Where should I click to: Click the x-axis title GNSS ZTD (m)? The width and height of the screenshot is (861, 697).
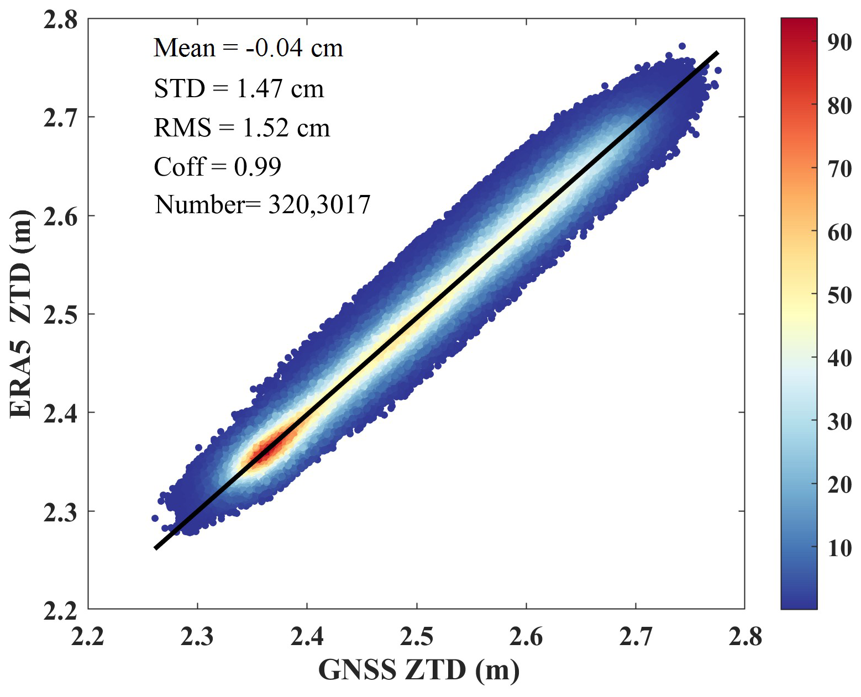419,670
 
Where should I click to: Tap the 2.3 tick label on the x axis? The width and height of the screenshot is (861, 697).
197,637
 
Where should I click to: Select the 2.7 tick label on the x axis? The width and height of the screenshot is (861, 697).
636,637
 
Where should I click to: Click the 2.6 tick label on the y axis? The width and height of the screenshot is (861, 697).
60,216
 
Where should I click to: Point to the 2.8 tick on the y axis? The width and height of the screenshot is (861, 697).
60,20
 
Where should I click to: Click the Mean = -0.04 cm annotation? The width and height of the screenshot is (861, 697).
248,48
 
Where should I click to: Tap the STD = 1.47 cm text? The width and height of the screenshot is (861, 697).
239,89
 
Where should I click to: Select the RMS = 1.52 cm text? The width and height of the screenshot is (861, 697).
242,128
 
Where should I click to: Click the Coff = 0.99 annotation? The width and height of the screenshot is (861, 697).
217,167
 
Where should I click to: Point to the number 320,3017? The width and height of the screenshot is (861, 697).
319,204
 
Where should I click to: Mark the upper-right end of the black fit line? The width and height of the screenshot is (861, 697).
717,53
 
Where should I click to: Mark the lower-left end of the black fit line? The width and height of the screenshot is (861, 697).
156,548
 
